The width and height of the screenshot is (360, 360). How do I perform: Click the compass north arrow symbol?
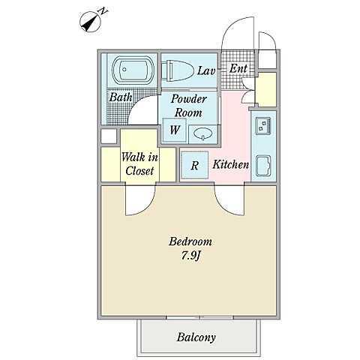(90, 22)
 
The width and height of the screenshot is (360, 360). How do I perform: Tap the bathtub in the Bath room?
(133, 70)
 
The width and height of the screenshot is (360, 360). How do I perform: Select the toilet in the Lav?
(177, 70)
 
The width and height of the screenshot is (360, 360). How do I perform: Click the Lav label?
(206, 70)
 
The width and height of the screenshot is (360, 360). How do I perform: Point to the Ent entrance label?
(238, 68)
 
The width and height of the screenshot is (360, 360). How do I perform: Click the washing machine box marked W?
(175, 130)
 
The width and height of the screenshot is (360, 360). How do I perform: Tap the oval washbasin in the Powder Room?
(203, 133)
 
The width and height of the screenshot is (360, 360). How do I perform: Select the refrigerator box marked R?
(195, 165)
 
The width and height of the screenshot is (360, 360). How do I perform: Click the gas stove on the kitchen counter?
(263, 126)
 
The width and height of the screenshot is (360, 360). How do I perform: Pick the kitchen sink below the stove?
(264, 166)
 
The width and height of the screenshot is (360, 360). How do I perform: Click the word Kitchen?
(230, 164)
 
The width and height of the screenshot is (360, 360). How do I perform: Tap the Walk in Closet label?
(139, 164)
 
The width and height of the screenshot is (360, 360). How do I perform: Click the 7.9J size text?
(191, 256)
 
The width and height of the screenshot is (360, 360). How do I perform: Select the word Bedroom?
(190, 241)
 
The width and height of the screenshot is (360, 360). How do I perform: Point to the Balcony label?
(196, 337)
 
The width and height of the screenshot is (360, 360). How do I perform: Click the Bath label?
(121, 97)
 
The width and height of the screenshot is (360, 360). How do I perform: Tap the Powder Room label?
(188, 106)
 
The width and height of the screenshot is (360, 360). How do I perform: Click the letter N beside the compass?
(103, 11)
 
